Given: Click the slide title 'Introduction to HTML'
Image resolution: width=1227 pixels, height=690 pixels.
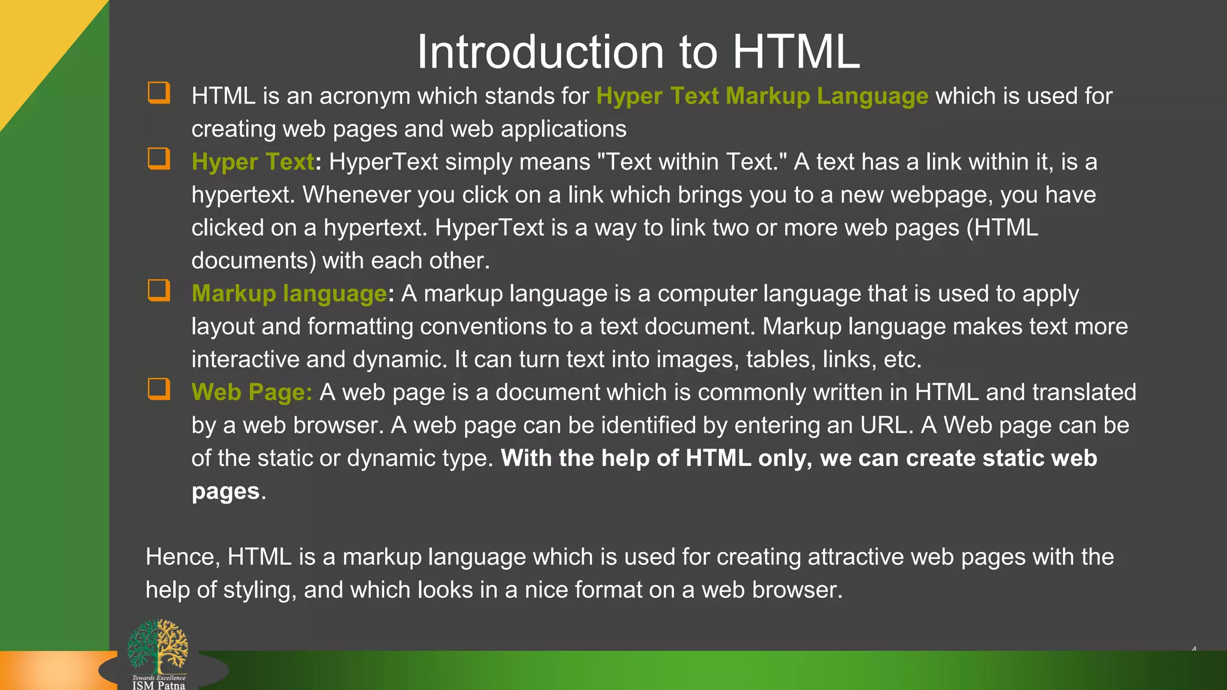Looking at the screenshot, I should point(638,52).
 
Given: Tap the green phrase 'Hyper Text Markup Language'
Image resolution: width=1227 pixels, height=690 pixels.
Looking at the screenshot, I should point(762,96).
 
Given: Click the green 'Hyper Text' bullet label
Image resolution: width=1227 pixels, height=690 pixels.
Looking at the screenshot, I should point(253,162).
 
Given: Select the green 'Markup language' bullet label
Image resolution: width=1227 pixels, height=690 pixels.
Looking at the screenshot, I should point(289,294).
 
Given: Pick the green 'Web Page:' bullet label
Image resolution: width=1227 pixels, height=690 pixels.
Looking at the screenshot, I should point(252,393).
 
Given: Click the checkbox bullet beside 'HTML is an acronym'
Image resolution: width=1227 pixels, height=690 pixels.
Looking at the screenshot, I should point(159,93).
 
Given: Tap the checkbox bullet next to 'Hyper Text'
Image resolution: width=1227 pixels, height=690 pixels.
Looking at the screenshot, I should point(159,159).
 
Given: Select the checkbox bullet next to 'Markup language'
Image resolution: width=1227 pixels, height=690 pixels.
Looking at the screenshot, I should point(159,291).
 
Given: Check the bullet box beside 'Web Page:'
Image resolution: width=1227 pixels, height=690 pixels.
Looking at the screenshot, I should point(159,389).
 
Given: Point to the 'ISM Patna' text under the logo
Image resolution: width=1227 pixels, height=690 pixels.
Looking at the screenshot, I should point(159,685).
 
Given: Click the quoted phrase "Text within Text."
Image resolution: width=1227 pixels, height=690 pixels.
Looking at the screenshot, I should point(691,162).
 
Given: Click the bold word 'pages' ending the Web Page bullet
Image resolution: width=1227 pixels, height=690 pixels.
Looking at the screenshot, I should point(225,492).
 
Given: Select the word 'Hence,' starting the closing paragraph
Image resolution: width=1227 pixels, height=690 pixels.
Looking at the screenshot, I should point(183,558).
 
